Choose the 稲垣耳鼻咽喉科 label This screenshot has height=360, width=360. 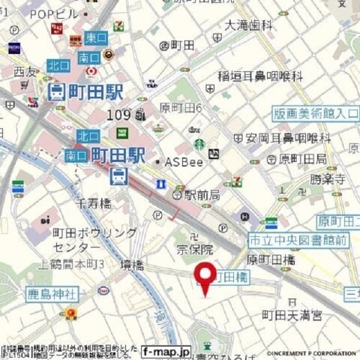tap(260, 76)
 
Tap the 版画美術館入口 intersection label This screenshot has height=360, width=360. tap(315, 114)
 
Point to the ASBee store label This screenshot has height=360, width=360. tap(181, 161)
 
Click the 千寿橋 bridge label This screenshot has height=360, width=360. tap(94, 202)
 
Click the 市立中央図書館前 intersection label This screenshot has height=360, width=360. tap(298, 240)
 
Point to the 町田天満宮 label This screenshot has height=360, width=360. tap(297, 315)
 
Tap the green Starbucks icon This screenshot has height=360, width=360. tap(199, 144)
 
